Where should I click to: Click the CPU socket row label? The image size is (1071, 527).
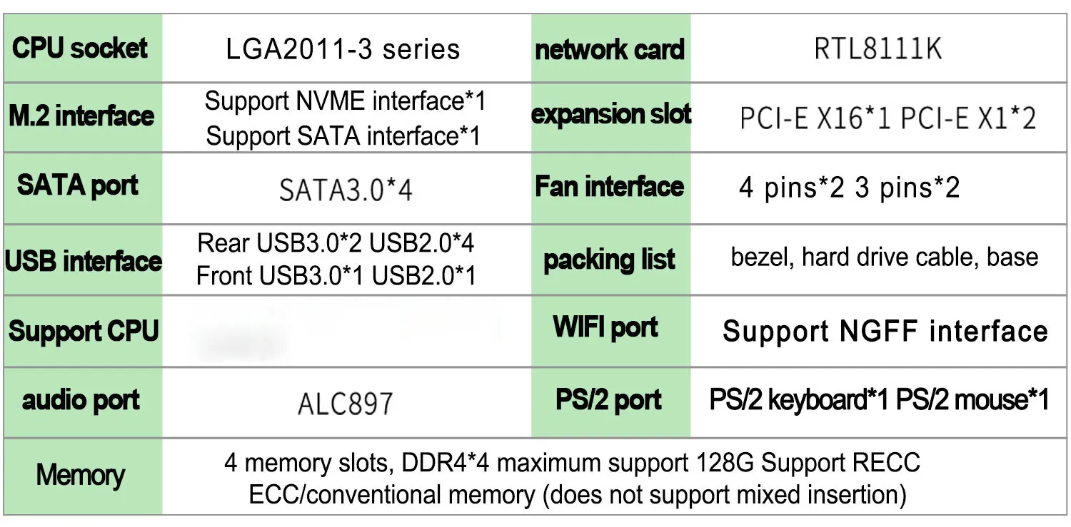pos(81,48)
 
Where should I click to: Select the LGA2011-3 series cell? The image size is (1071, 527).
pos(343,49)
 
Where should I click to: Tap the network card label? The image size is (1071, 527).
pos(610,50)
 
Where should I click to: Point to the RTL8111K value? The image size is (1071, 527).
pos(878,49)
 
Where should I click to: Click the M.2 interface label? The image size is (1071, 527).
pos(81,116)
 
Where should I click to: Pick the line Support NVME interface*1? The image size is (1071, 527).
pos(345,101)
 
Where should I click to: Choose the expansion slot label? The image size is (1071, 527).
pos(611,115)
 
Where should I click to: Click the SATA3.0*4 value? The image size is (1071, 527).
pos(346,190)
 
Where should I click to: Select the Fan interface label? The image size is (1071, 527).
pos(610,187)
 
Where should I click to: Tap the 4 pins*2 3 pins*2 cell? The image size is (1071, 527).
pos(849,188)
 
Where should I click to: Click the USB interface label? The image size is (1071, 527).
pos(83,260)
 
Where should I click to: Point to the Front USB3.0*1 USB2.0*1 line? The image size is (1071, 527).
pos(336,275)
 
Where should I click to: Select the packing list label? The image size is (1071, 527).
pos(609,260)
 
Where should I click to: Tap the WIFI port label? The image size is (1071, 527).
pos(605,327)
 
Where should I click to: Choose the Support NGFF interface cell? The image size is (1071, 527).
pos(885,332)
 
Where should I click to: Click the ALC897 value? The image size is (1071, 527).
pos(345,404)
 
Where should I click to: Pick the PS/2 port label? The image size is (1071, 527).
pos(608,400)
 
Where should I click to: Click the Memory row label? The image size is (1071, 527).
pos(81,475)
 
